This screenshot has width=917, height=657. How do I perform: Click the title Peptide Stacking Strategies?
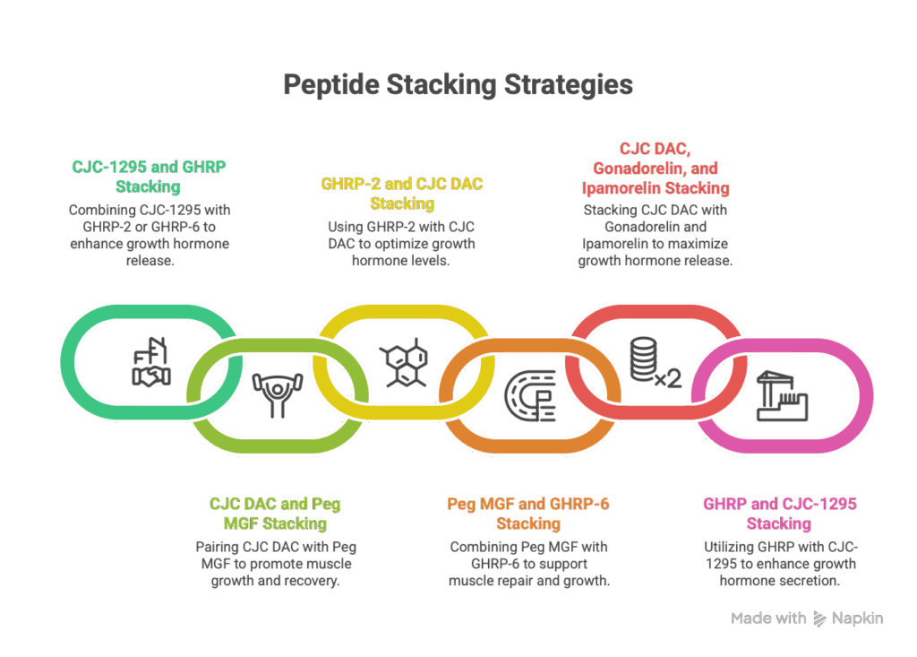pos(458,85)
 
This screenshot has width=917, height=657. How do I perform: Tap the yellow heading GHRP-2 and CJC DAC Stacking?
pos(402,194)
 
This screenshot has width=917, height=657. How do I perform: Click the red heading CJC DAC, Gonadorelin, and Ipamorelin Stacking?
pos(654,169)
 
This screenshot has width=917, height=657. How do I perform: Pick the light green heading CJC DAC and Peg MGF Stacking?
pos(275,514)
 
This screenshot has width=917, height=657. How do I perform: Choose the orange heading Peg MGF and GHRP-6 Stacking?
pos(528,514)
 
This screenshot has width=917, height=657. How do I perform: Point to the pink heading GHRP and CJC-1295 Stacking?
pos(778,514)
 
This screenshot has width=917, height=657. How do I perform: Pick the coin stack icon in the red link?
pos(643,360)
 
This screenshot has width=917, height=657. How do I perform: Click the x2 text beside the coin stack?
pos(668,379)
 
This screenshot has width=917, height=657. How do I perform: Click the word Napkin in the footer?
pos(857,618)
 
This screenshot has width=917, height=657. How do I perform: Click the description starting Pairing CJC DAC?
pos(275,564)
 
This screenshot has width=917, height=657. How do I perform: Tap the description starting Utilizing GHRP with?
pos(778,564)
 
